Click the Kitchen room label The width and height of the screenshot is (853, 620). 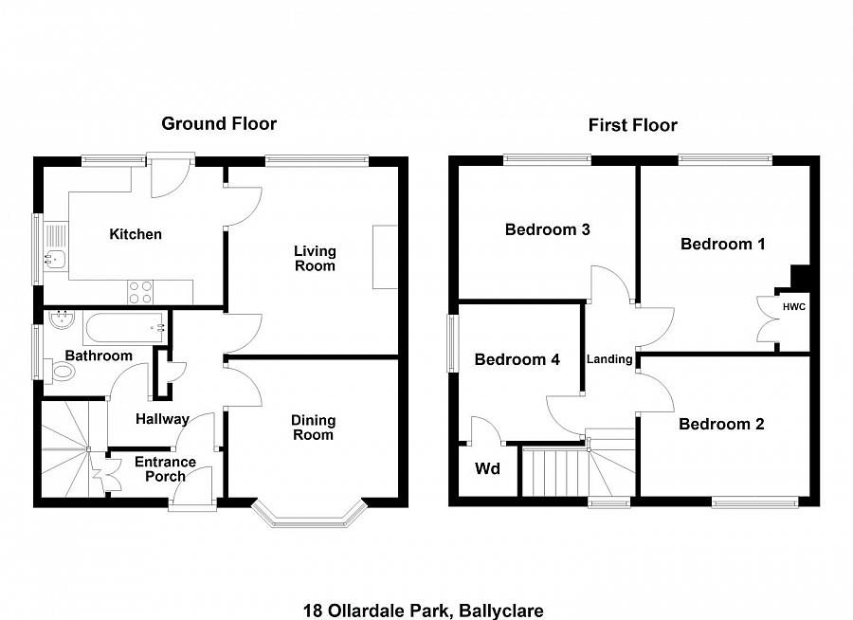coord(136,234)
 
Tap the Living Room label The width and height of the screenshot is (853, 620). coord(315,258)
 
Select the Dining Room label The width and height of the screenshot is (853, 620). coord(313,428)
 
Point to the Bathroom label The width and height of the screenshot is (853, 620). coord(99,356)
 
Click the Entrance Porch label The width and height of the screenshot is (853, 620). coord(165,469)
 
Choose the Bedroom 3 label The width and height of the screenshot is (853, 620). coord(548,229)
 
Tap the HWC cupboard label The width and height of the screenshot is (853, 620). coord(793,307)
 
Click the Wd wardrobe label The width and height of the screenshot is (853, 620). coord(487,469)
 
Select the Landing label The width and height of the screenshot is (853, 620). coord(609,359)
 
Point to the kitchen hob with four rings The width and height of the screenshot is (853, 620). coord(140,292)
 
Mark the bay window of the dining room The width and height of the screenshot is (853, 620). coord(309,515)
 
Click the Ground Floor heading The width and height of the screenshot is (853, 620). coord(219,123)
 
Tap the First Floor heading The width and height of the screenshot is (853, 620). coord(632,125)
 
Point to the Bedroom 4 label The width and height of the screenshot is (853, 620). coord(517,359)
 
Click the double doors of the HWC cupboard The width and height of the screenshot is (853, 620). coord(765,318)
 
